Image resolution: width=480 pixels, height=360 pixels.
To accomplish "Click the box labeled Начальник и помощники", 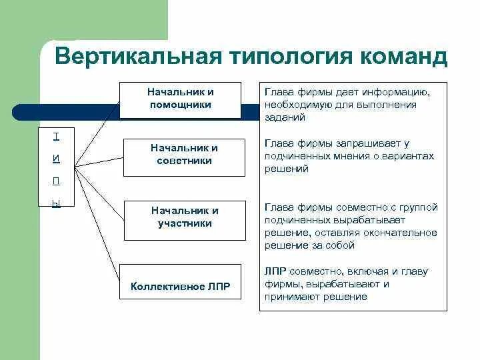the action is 179,99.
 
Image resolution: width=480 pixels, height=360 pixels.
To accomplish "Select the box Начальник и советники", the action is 179,155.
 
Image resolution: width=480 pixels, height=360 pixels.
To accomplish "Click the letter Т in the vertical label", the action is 56,137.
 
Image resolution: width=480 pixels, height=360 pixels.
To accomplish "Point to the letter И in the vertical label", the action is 56,159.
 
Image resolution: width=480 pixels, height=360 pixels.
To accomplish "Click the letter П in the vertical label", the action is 56,181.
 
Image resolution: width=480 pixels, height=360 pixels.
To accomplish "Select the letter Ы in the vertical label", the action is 56,204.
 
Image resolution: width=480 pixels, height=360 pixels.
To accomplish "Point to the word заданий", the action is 285,117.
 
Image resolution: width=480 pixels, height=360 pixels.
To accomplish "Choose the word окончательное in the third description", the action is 404,233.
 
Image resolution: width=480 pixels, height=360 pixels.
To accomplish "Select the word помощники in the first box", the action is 179,105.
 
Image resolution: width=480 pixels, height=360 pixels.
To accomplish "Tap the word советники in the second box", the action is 180,161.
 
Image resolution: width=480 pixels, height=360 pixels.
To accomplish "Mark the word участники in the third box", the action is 180,223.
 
